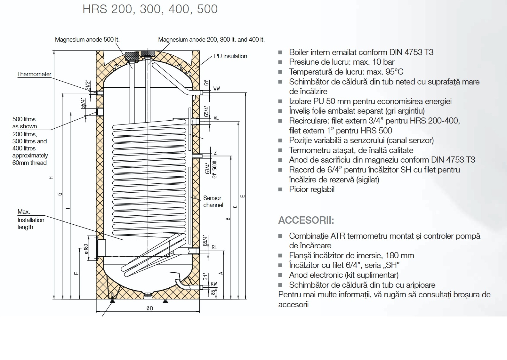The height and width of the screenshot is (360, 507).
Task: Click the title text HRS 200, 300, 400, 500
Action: point(150,9)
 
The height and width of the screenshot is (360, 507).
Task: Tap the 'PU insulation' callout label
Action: point(230,56)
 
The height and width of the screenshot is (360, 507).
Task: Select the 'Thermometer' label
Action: point(34,74)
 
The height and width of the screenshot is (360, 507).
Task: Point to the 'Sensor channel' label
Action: point(213,202)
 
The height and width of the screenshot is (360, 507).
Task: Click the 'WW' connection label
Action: point(216,89)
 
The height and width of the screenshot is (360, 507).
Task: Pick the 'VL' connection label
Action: point(216,118)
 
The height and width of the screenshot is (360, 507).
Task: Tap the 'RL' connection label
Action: point(214,247)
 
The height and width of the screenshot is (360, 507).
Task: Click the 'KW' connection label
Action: point(214,284)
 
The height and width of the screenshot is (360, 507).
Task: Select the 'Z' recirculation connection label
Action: point(215,153)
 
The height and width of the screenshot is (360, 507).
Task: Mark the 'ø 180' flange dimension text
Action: point(86,249)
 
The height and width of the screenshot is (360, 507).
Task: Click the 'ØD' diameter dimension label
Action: point(150,308)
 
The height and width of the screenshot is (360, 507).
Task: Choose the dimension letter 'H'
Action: point(51,178)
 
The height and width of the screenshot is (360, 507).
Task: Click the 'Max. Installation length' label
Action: point(31,220)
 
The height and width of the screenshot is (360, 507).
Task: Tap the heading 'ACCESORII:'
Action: point(306,220)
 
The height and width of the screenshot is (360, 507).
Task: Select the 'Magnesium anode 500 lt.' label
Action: point(87,40)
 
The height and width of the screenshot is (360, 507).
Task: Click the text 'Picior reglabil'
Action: point(311,189)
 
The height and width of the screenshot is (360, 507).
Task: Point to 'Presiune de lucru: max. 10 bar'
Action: point(342,62)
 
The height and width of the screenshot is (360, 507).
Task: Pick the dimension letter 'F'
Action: point(76,273)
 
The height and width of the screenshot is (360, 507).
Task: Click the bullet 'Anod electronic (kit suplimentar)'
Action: point(343,275)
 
